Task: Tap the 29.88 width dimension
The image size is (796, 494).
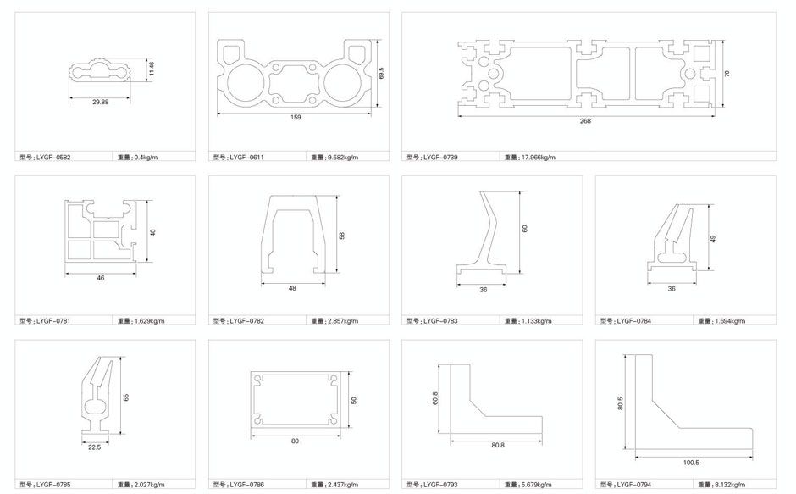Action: [101, 103]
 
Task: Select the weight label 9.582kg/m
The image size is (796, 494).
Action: [334, 158]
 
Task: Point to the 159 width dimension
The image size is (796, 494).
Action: [296, 118]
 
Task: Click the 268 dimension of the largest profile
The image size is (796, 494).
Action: [585, 121]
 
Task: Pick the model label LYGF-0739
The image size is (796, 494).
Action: [432, 158]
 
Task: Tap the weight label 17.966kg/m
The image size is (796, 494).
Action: [530, 158]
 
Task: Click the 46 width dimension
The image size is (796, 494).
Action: [101, 278]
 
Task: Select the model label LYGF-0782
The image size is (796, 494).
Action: [239, 321]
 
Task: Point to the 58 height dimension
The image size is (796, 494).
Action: [341, 236]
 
